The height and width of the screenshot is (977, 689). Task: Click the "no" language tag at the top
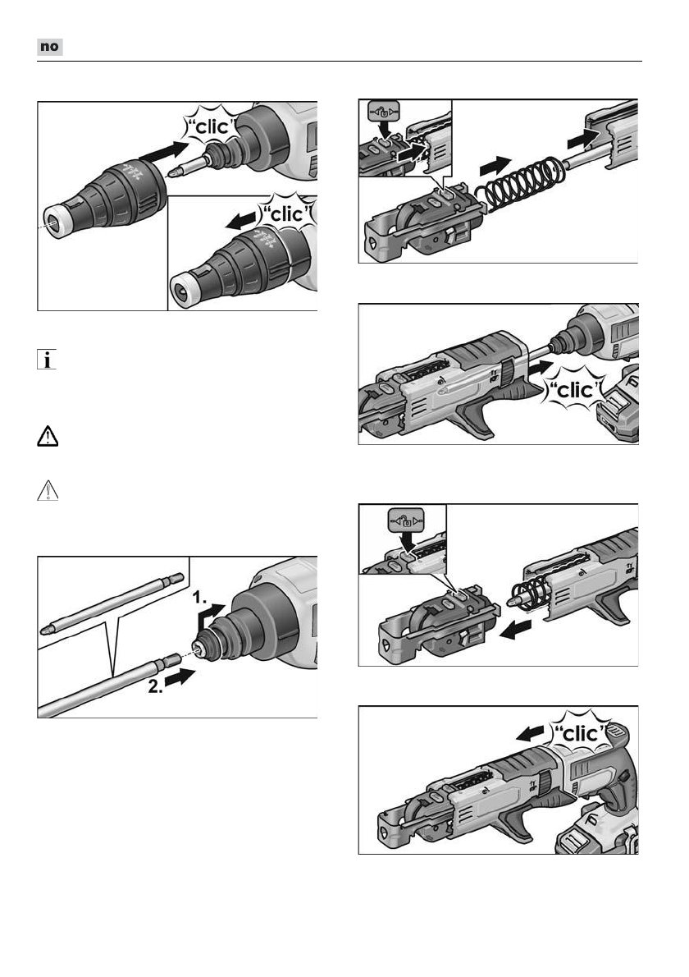pyautogui.click(x=50, y=47)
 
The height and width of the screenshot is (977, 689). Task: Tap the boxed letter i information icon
pyautogui.click(x=47, y=360)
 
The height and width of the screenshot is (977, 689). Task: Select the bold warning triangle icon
pyautogui.click(x=48, y=436)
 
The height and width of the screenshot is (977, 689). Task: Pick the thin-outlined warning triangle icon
pyautogui.click(x=48, y=491)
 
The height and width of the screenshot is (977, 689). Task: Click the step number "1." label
pyautogui.click(x=199, y=598)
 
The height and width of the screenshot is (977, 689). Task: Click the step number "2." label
pyautogui.click(x=156, y=686)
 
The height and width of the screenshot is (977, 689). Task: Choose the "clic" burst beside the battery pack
pyautogui.click(x=575, y=390)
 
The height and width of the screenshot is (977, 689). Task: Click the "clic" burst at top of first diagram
pyautogui.click(x=212, y=126)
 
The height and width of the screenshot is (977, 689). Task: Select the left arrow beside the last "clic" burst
pyautogui.click(x=531, y=733)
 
